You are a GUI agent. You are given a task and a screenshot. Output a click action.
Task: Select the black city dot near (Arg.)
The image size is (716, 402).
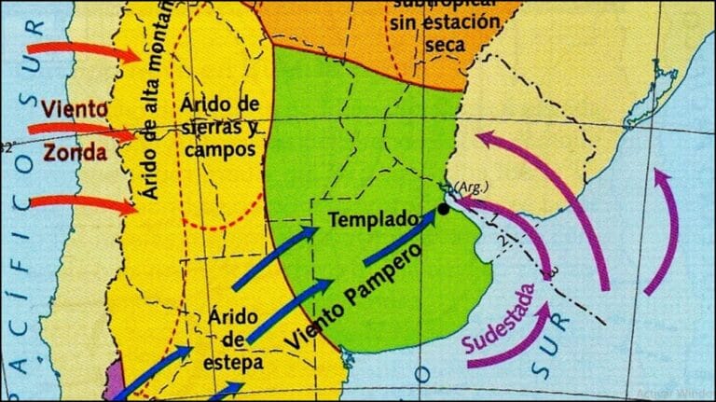(443, 209)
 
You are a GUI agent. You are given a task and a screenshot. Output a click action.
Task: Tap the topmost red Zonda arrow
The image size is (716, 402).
(84, 50)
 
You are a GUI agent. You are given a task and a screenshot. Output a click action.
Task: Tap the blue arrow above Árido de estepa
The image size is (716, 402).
(290, 309)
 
